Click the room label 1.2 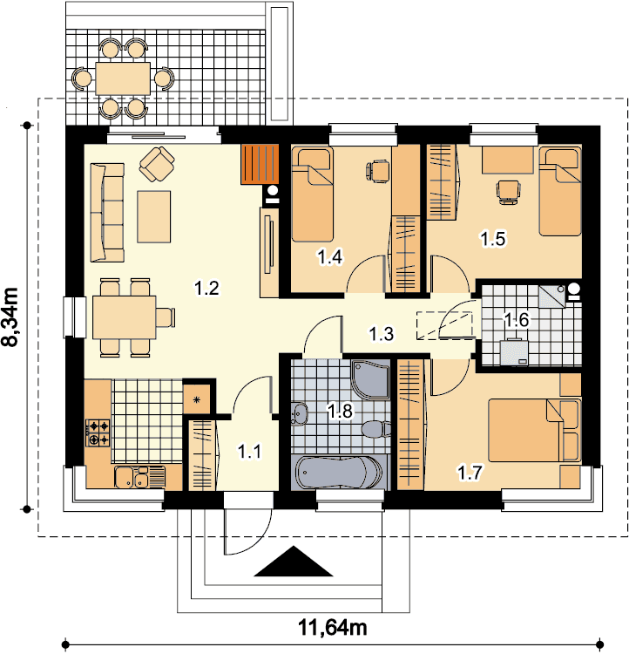pos(206,289)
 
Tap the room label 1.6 pos(517,320)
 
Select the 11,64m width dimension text pos(333,627)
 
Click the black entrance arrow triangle pos(294,562)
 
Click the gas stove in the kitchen pos(98,433)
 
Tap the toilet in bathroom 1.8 pos(376,429)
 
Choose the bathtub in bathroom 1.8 pos(339,473)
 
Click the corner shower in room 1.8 pos(370,379)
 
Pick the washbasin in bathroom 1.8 pos(300,413)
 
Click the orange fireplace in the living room pos(260,164)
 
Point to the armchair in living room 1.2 pos(157,164)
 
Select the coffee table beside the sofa pos(154,216)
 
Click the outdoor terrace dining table pos(123,78)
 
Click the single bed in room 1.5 pos(560,191)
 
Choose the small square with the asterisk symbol pos(197,399)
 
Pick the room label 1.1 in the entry pos(250,452)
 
